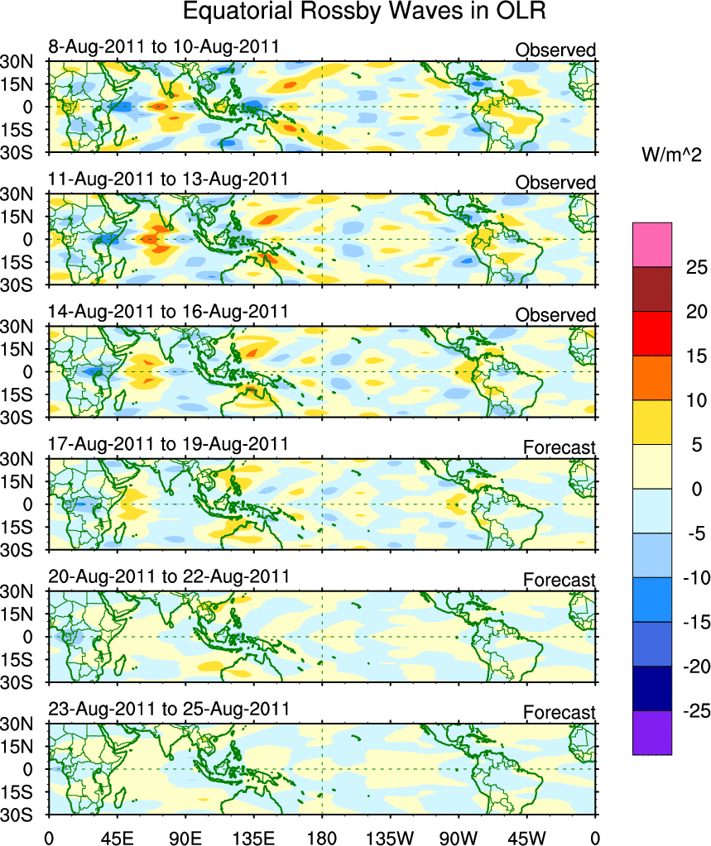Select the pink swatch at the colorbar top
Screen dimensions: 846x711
[x=652, y=244]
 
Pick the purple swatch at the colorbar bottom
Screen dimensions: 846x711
[x=652, y=733]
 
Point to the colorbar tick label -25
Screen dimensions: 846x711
[x=694, y=710]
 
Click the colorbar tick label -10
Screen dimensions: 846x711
[x=694, y=577]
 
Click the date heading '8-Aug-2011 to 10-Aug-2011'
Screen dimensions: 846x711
[x=163, y=46]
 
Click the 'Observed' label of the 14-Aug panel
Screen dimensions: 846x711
[x=555, y=315]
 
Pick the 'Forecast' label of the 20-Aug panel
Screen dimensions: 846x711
[x=559, y=581]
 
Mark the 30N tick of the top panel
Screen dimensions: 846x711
[x=16, y=61]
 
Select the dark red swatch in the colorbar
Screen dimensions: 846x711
[x=652, y=289]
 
